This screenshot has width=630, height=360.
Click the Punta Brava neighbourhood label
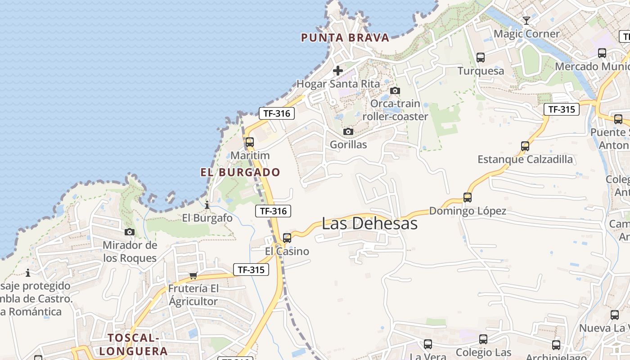click(x=345, y=38)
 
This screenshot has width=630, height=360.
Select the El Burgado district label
click(x=240, y=172)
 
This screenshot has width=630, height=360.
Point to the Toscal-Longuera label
click(x=133, y=344)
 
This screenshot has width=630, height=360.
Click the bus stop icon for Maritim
click(x=250, y=142)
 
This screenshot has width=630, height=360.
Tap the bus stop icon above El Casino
click(x=287, y=238)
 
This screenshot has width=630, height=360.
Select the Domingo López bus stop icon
click(x=468, y=198)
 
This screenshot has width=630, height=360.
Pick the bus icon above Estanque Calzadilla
click(x=525, y=146)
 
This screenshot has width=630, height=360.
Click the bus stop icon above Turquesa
click(x=481, y=58)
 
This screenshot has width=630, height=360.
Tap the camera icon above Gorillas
click(x=348, y=132)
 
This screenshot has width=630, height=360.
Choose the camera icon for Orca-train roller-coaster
click(x=395, y=90)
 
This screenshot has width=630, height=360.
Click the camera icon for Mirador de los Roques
click(x=130, y=232)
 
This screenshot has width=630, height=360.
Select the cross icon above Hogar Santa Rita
click(x=338, y=71)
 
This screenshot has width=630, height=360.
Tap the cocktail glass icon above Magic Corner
click(x=526, y=20)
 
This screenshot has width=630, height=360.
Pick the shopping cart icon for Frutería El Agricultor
click(x=193, y=275)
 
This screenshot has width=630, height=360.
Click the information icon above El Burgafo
click(x=207, y=205)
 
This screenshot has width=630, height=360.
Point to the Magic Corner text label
click(x=526, y=34)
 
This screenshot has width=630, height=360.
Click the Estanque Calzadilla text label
click(x=525, y=159)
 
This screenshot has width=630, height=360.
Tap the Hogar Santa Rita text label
click(x=338, y=84)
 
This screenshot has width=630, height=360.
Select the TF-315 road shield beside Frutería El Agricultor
click(x=251, y=270)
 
